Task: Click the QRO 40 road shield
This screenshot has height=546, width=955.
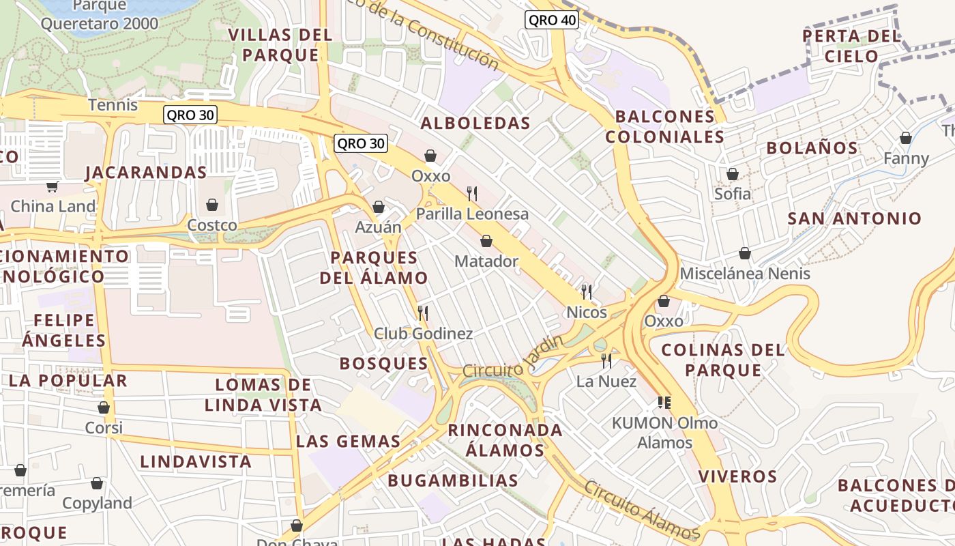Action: click(552, 20)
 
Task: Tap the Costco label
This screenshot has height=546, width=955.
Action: click(212, 225)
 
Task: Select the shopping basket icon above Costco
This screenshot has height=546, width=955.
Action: click(212, 205)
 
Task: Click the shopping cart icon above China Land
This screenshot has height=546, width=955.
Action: click(53, 186)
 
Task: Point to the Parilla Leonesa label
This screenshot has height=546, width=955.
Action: click(472, 214)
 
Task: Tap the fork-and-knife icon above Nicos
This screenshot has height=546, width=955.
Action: click(587, 292)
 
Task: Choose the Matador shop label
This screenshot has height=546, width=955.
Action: click(486, 261)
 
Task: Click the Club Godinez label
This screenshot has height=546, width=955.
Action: click(423, 334)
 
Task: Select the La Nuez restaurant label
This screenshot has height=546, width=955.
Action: click(606, 382)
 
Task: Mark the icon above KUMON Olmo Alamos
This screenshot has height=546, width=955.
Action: click(664, 403)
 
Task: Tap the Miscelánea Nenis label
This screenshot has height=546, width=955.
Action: click(745, 274)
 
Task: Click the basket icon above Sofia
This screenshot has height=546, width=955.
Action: click(733, 174)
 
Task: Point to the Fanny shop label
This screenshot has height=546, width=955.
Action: click(906, 159)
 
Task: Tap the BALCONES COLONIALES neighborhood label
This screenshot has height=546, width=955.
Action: click(664, 126)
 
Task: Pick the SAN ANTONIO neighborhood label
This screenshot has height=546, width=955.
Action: click(854, 219)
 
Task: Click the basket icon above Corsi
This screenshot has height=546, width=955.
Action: click(104, 407)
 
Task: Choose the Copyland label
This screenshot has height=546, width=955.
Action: click(97, 504)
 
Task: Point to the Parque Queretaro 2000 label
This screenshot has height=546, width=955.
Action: click(100, 15)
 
